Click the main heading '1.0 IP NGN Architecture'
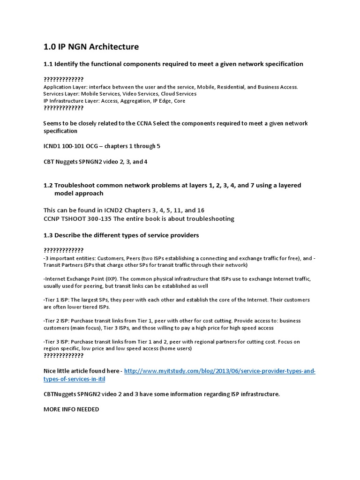(x=91, y=47)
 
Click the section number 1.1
(x=48, y=64)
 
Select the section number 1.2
(x=48, y=186)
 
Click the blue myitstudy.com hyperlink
(x=220, y=371)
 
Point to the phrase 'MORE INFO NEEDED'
(x=71, y=409)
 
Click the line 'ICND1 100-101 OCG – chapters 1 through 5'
(x=102, y=146)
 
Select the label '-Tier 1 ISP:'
(x=58, y=300)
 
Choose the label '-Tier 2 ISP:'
(x=58, y=321)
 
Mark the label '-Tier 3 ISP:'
(x=58, y=342)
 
